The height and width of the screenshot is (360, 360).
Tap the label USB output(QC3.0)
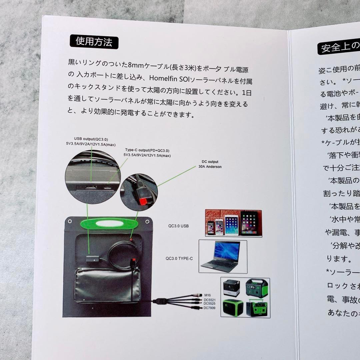click(91, 139)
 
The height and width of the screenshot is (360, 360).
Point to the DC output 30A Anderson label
click(210, 164)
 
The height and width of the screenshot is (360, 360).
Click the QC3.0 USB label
click(178, 226)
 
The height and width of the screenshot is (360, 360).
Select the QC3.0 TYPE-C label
click(179, 258)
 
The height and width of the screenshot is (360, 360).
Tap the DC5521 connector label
click(210, 300)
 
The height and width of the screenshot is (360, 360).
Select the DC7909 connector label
click(210, 308)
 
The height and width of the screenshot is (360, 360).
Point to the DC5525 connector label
click(210, 304)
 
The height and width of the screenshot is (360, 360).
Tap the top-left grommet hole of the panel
click(69, 222)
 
